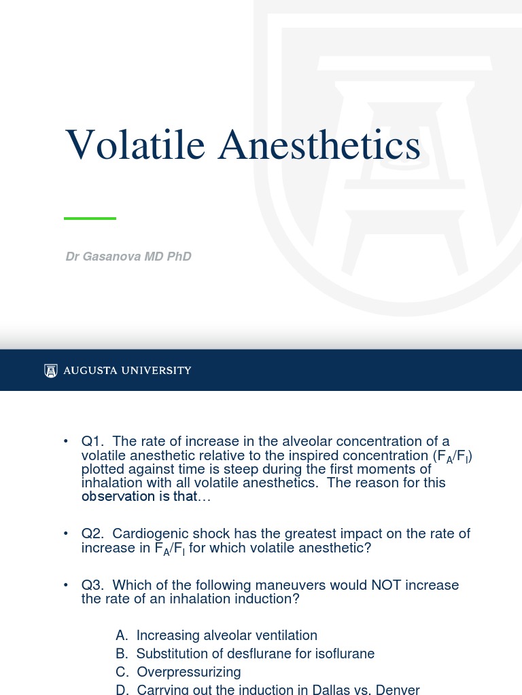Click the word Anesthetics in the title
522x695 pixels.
[319, 145]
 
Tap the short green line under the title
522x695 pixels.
[90, 219]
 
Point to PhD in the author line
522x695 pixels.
[179, 257]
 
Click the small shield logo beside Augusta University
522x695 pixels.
[51, 371]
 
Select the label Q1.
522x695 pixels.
[92, 442]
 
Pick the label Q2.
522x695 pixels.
[92, 534]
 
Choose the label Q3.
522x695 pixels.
[92, 585]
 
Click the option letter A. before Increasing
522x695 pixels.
[122, 636]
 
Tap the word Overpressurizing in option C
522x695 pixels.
[189, 672]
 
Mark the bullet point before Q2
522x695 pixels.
[66, 534]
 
